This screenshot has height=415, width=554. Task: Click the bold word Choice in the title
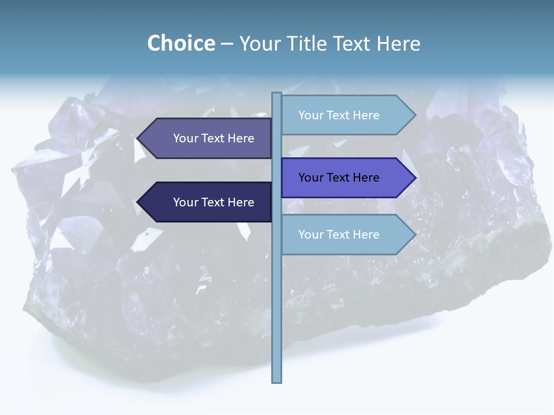[x=181, y=44]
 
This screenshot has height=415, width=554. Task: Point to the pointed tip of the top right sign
[x=415, y=115]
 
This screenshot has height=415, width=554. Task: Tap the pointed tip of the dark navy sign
[x=138, y=202]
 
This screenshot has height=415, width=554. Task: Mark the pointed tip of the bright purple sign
[x=415, y=178]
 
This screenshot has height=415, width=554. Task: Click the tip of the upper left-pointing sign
[x=138, y=138]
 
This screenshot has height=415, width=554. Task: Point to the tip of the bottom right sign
[x=415, y=235]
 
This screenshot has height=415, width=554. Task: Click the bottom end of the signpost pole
[x=276, y=380]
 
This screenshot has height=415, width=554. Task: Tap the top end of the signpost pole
[x=276, y=94]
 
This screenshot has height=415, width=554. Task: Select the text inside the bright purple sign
[x=339, y=178]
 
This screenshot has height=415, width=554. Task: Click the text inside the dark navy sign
[x=214, y=202]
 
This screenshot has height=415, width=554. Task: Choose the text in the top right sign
[x=339, y=115]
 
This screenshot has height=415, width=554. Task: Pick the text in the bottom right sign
[x=339, y=235]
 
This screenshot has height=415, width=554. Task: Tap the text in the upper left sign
[x=214, y=138]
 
